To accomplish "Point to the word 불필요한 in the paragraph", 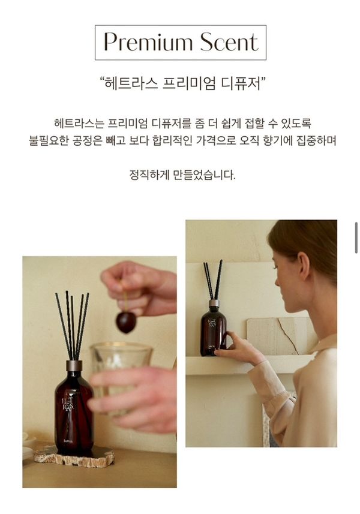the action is coord(49,140).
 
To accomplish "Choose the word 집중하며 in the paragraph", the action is coord(316,140).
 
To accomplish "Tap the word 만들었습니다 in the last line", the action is coord(204,175).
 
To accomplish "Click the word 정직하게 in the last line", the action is coord(149,175).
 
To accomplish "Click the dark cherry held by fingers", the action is coord(126,323).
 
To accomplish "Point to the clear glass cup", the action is coord(121,377).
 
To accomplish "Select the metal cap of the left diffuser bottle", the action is coord(74,365).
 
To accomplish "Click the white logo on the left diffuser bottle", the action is coord(68,403).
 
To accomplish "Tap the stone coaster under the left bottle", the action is coord(74,456).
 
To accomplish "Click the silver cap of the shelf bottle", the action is coord(214,303).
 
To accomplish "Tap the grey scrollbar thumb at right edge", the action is coord(356,238).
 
